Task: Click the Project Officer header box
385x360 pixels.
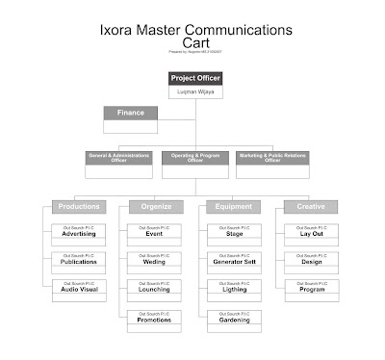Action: pos(196,78)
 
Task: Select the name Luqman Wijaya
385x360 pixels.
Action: pos(196,91)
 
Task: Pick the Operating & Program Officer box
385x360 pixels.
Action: pos(195,158)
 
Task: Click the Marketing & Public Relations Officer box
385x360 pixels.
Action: pos(272,158)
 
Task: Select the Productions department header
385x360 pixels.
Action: pos(79,207)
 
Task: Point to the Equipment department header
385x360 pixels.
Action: pos(234,207)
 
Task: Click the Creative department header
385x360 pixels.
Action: pos(311,207)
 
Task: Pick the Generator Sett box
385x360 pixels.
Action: pos(234,261)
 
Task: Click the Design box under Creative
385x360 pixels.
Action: pos(311,261)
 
